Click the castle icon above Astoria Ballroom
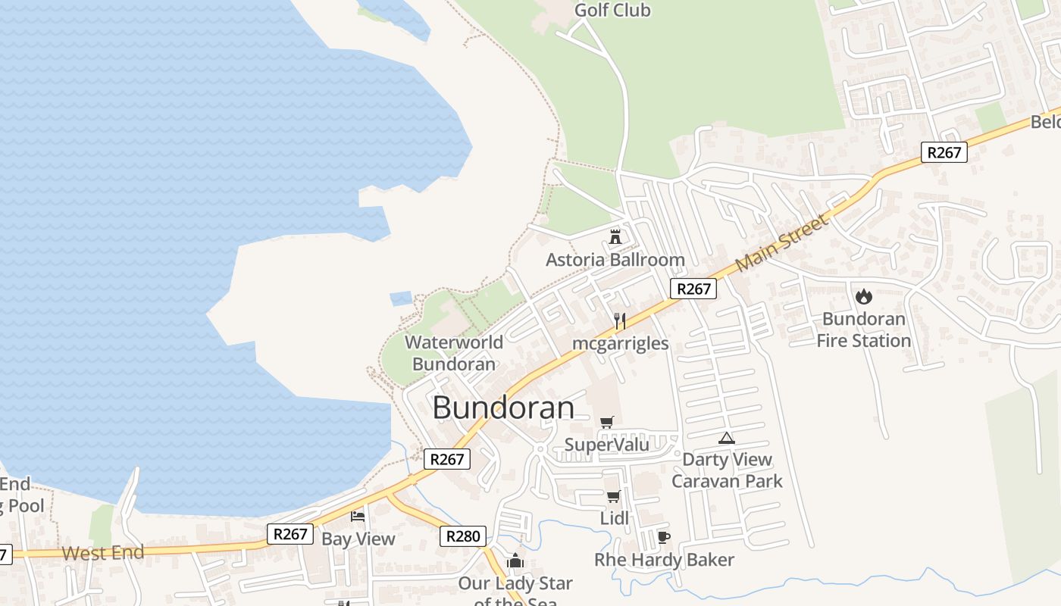[615, 236]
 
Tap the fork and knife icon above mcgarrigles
[619, 320]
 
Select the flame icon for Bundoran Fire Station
[863, 296]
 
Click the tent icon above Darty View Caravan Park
[727, 437]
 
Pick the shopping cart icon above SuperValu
[606, 422]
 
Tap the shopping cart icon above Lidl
[613, 497]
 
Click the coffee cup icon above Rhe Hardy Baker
[664, 538]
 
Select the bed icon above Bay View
[358, 517]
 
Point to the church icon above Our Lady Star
[515, 561]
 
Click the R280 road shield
[462, 536]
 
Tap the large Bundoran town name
[503, 408]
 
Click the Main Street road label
[781, 243]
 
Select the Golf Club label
[612, 11]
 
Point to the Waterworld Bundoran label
[454, 353]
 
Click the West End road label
[103, 552]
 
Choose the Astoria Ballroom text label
[615, 260]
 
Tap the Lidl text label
[614, 519]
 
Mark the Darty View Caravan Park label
[727, 470]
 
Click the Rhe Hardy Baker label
[664, 560]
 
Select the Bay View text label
[358, 539]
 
